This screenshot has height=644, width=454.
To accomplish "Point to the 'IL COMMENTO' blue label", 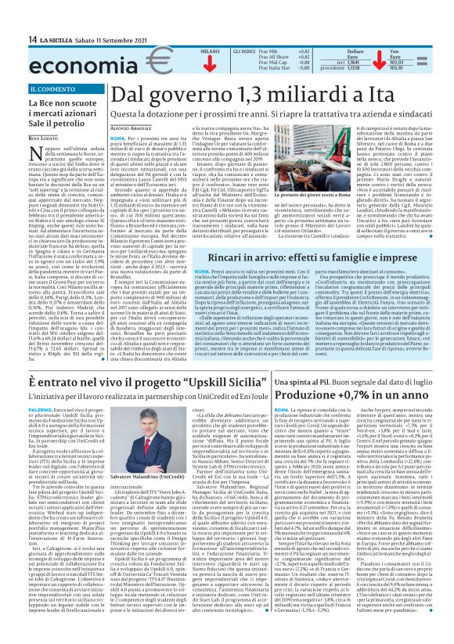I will pyautogui.click(x=53, y=88).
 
